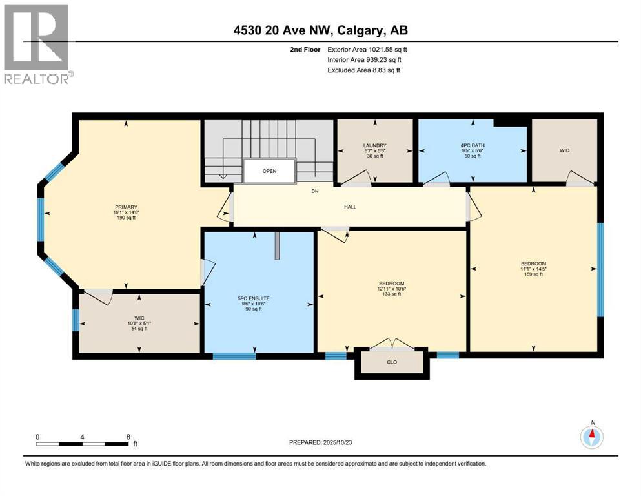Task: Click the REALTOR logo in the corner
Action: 37,44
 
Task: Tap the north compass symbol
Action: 591,437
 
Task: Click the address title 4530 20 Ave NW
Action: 320,30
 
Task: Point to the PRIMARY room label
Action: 125,212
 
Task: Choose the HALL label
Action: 350,207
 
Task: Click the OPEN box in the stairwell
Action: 269,172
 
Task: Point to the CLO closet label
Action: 392,362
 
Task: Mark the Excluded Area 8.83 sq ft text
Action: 363,70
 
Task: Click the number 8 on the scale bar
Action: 128,437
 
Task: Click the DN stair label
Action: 314,191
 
